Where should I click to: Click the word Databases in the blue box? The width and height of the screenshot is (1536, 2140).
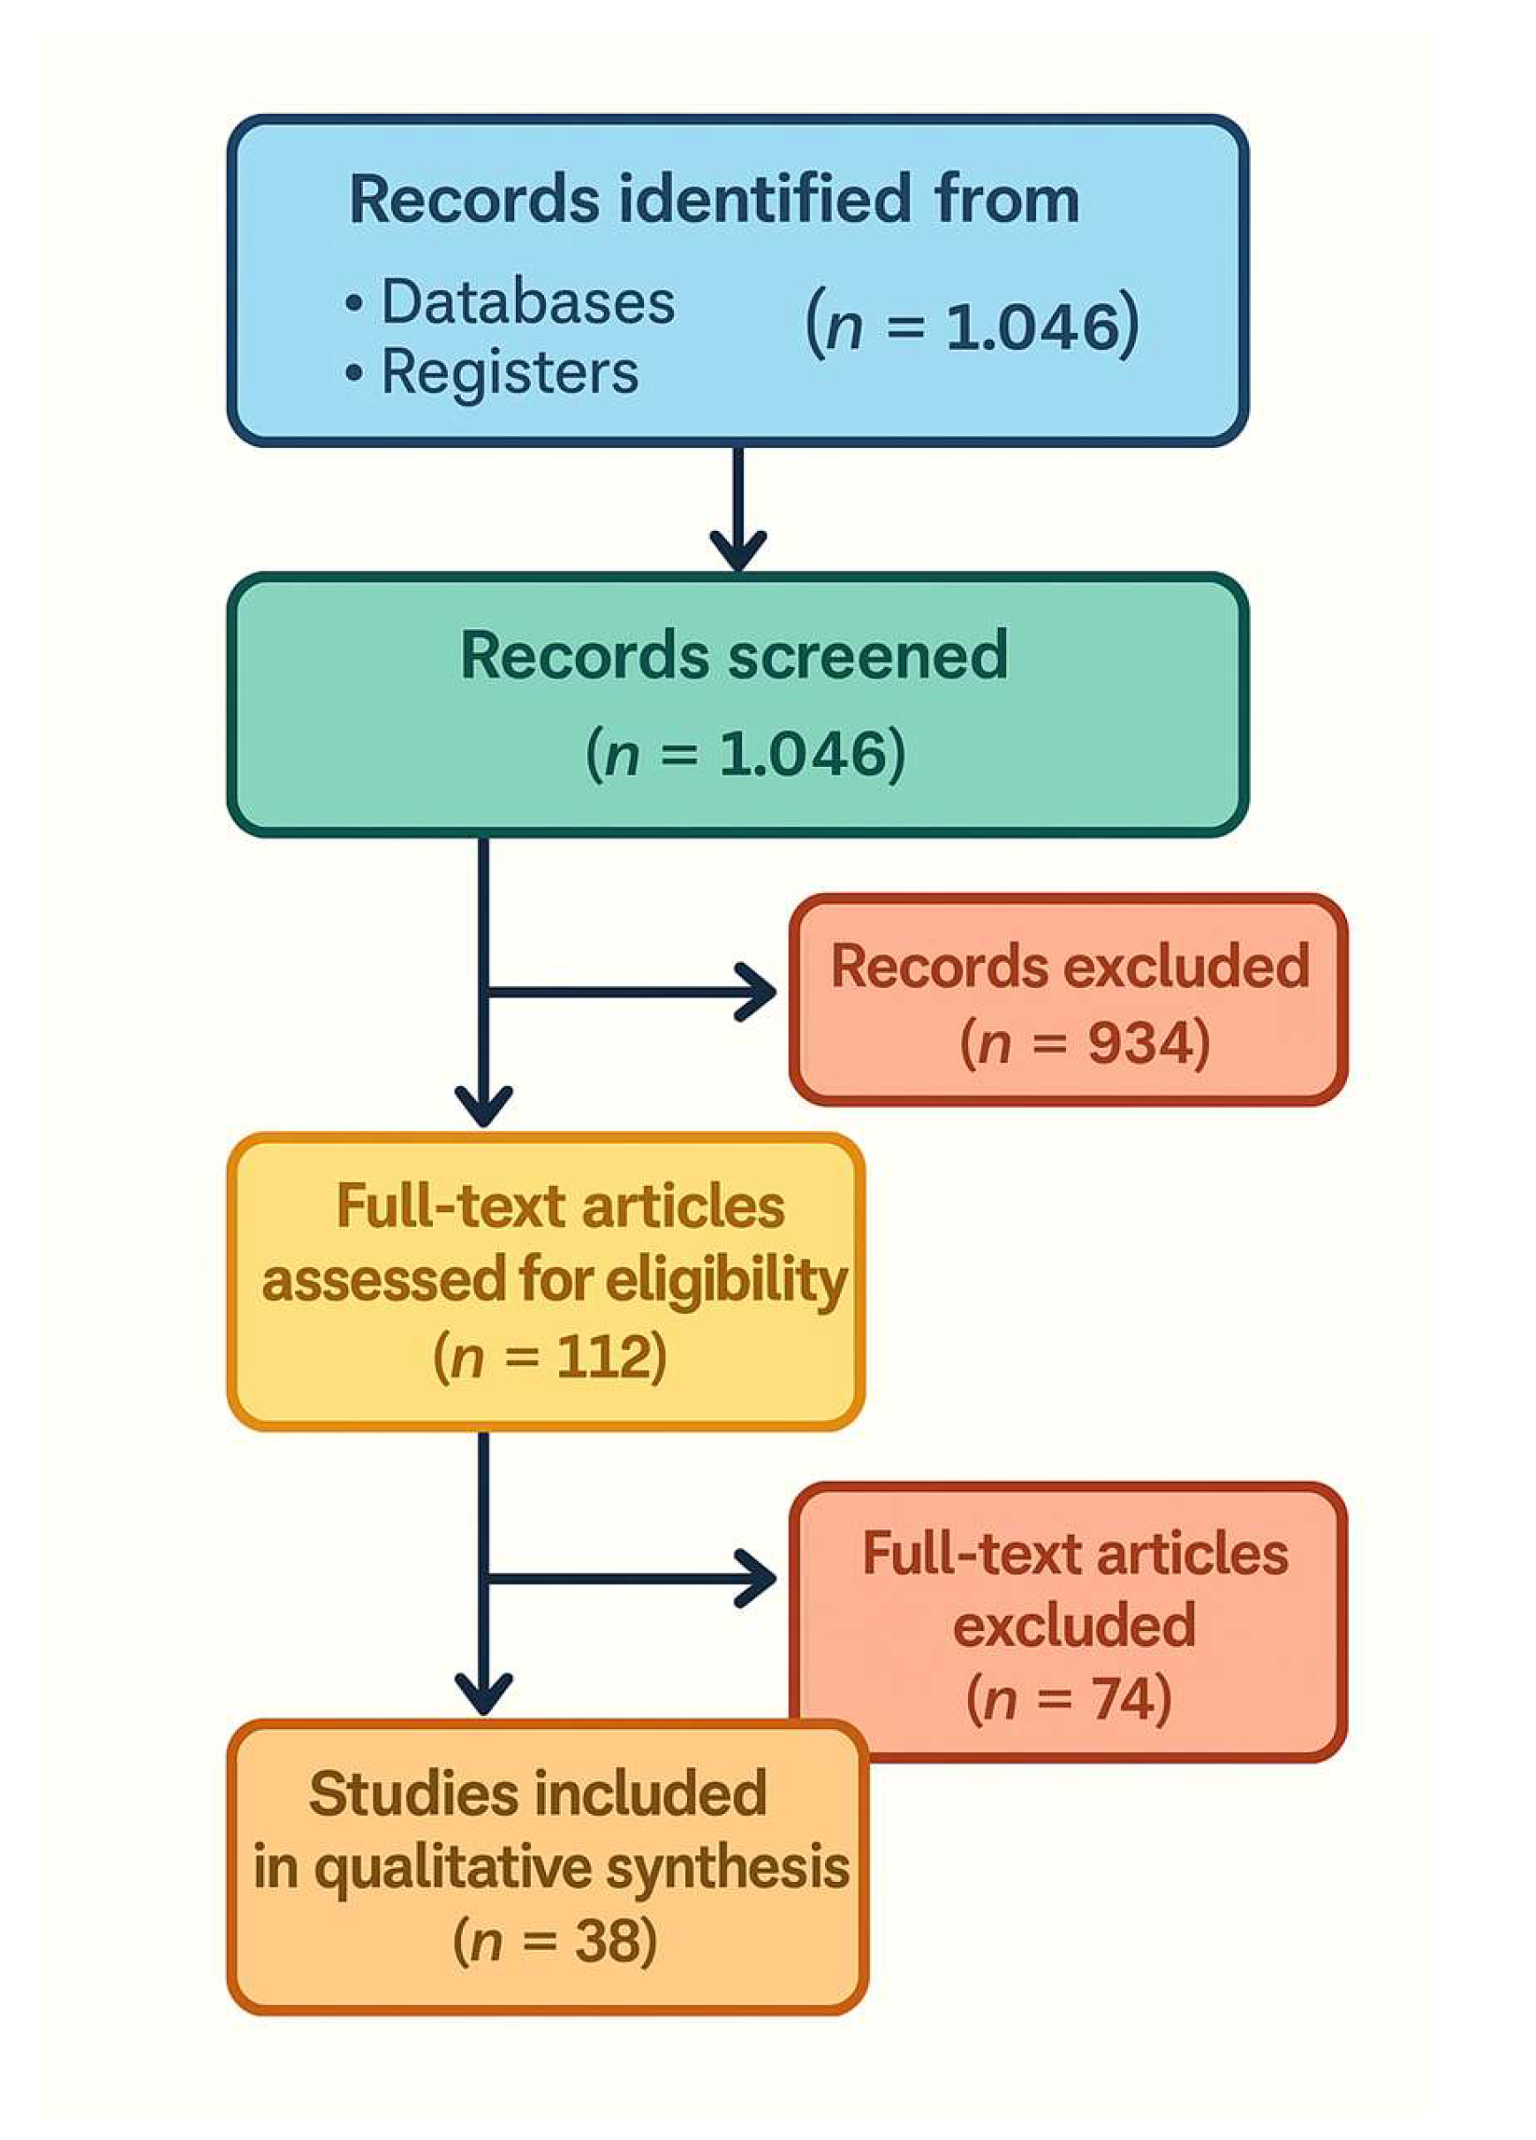click(x=527, y=302)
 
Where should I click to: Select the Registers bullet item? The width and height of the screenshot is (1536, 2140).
click(x=510, y=372)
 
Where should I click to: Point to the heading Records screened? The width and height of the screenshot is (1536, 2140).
click(x=734, y=655)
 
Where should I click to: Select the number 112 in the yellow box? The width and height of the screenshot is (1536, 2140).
click(x=600, y=1358)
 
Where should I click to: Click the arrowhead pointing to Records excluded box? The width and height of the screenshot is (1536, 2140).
click(x=758, y=991)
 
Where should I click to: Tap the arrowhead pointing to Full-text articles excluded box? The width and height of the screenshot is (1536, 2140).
click(x=758, y=1578)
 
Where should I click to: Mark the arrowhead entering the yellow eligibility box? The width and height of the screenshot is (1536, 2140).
click(x=484, y=1105)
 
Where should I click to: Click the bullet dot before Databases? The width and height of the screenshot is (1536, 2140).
click(x=354, y=304)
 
